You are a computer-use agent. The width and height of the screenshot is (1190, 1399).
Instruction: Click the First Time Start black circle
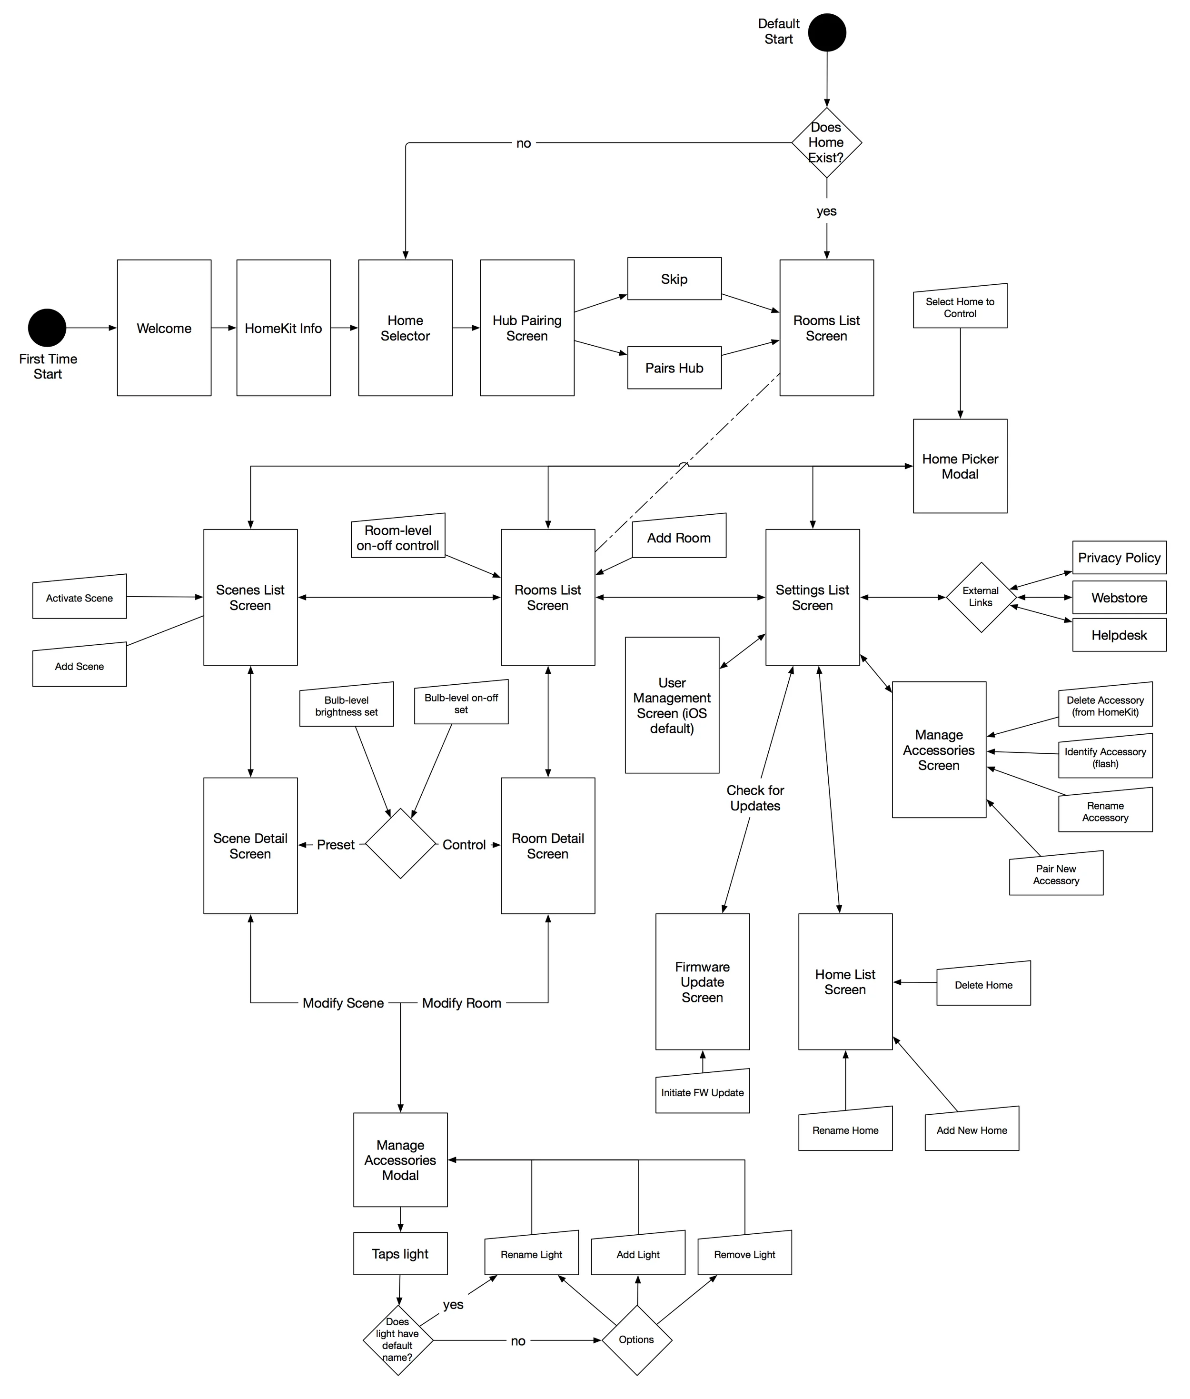(x=47, y=328)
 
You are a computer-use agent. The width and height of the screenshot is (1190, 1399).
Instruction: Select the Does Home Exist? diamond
(x=826, y=142)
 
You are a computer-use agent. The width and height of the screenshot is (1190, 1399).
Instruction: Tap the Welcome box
(x=164, y=328)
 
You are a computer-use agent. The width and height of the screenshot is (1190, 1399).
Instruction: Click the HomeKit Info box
(x=283, y=328)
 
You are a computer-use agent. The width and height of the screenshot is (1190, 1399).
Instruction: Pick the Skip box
(x=674, y=279)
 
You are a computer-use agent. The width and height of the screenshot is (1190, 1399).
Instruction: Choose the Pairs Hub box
(x=674, y=368)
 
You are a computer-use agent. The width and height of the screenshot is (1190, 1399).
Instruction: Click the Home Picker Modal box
(x=960, y=466)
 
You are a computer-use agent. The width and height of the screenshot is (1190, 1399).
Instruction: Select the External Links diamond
(x=980, y=597)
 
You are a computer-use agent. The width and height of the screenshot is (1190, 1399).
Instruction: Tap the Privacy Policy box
(x=1119, y=558)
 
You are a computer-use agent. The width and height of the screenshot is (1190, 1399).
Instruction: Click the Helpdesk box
(x=1119, y=635)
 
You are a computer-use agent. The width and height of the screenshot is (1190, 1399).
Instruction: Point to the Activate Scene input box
(x=79, y=598)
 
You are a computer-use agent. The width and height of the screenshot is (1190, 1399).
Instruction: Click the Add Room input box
(x=679, y=538)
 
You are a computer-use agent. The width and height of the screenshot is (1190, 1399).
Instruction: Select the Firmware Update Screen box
(x=702, y=982)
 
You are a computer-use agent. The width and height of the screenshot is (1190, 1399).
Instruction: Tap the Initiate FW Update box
(x=702, y=1093)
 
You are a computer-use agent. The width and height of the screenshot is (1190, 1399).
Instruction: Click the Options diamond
(x=636, y=1339)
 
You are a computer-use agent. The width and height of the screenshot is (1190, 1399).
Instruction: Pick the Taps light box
(x=400, y=1254)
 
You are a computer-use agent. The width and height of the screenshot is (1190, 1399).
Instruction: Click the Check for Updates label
(x=755, y=798)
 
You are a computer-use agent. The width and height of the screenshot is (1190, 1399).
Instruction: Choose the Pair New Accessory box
(x=1056, y=875)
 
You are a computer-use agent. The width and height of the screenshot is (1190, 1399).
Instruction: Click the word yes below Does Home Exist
(x=826, y=211)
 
